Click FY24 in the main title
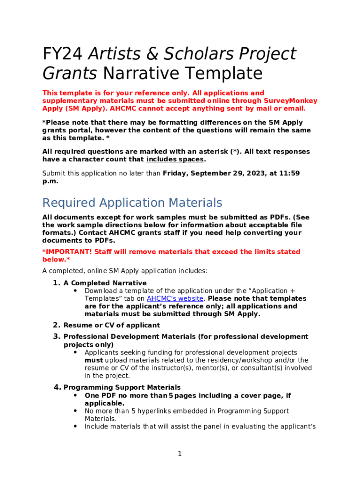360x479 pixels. (x=63, y=54)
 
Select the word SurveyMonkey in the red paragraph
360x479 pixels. (x=290, y=101)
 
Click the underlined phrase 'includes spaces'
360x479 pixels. (x=175, y=160)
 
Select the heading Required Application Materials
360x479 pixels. (x=132, y=203)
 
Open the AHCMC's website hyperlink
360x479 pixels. (x=175, y=298)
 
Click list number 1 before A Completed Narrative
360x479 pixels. (x=56, y=283)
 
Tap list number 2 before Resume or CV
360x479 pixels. (x=56, y=325)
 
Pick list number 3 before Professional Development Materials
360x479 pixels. (x=56, y=336)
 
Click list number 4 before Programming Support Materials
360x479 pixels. (x=56, y=387)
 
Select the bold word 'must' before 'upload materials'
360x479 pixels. (x=94, y=360)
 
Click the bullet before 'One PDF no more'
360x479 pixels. (x=75, y=395)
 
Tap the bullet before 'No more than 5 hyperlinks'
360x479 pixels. (x=75, y=411)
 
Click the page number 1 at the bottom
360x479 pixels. (x=180, y=454)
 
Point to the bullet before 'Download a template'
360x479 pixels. (x=75, y=290)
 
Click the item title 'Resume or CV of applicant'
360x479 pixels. (x=112, y=325)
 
